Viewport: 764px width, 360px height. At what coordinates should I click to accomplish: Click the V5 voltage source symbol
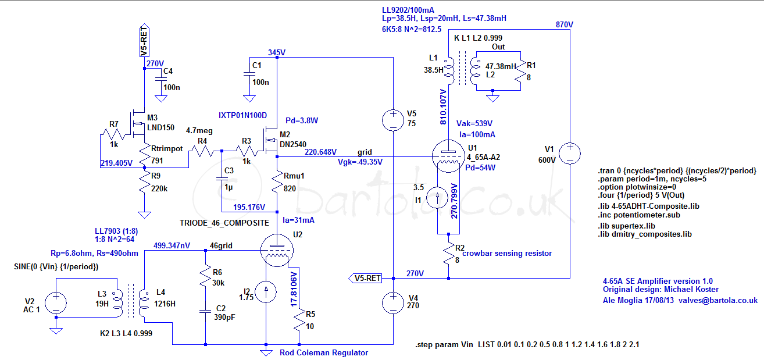393,120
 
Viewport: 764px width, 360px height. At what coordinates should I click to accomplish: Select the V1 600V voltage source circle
570,153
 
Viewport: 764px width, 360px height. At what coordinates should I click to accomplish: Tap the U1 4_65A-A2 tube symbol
448,156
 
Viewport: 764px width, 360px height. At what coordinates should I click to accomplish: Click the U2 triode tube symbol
277,250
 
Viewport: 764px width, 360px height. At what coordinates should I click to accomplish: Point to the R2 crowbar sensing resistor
448,254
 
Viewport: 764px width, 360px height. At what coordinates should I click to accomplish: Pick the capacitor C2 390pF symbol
205,311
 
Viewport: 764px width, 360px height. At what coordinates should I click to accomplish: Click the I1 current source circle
437,198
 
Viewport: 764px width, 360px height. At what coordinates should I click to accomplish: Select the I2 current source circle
266,292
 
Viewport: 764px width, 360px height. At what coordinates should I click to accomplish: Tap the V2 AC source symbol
56,302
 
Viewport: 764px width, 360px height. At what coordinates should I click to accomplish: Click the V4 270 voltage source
393,302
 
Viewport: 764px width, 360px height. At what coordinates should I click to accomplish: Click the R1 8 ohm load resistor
520,71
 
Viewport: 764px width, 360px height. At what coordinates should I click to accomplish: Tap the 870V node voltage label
565,24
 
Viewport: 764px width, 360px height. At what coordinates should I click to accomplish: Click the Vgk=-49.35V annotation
360,162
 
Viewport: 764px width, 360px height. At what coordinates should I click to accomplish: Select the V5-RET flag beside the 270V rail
365,278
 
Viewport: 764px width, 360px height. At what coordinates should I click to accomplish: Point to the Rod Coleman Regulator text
324,352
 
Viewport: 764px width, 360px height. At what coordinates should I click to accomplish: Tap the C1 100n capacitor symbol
249,74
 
